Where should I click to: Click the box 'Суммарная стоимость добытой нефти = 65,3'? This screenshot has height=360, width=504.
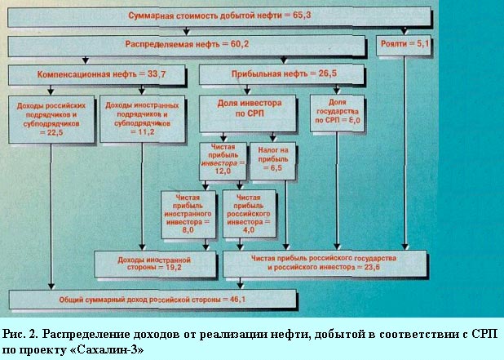(x=219, y=16)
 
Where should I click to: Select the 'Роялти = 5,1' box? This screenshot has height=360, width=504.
(x=404, y=45)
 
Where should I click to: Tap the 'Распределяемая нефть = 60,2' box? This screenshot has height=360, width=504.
(x=187, y=46)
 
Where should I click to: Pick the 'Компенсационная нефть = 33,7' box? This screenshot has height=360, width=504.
(x=97, y=75)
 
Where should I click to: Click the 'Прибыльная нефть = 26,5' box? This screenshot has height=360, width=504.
(x=281, y=74)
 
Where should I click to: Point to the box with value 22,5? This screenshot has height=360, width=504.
(x=51, y=119)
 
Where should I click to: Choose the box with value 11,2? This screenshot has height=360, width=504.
(x=143, y=118)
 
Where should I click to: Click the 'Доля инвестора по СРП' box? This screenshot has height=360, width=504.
(x=247, y=113)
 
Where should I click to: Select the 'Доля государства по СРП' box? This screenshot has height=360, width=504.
(x=337, y=113)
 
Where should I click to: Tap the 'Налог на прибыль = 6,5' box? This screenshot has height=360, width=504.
(x=273, y=161)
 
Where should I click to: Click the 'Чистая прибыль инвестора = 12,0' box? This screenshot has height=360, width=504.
(x=223, y=162)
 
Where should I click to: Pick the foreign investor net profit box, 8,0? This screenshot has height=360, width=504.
(x=188, y=215)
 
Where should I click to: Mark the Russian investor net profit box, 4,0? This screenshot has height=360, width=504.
(x=250, y=214)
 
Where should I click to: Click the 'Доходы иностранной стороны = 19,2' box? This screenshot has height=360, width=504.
(x=155, y=264)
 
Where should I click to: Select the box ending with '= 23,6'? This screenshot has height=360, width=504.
(x=325, y=264)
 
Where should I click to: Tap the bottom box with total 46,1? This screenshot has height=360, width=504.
(x=153, y=300)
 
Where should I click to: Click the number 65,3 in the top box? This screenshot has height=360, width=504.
(x=302, y=16)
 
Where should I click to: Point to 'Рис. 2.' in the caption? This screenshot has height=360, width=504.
(x=21, y=334)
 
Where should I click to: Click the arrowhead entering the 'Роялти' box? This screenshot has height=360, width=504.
(x=405, y=32)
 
